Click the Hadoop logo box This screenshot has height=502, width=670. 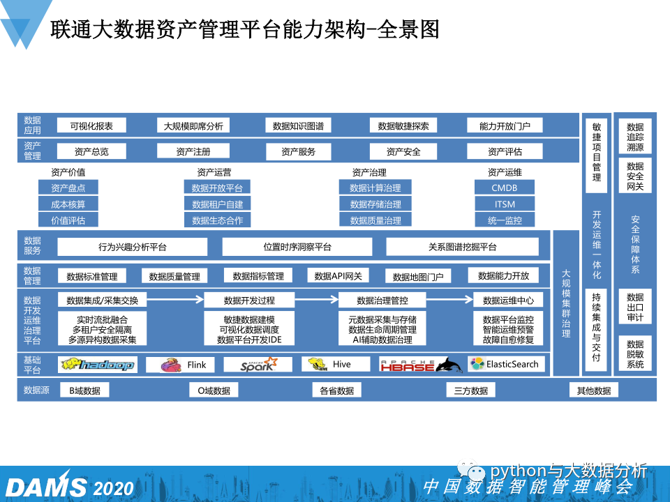pos(98,365)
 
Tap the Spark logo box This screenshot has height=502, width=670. pos(258,365)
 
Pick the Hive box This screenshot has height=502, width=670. pos(335,365)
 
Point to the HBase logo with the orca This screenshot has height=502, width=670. pos(421,365)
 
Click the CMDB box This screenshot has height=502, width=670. pos(505,188)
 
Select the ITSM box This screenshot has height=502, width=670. pos(505,204)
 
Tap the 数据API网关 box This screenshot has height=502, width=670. pos(338,275)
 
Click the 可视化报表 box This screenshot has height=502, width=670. pos(91,126)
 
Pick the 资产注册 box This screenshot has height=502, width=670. pos(193,151)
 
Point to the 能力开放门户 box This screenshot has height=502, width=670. pos(505,126)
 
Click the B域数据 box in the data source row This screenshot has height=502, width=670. pos(84,390)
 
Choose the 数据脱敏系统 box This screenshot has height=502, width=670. pos(635,354)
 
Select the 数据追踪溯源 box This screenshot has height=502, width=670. pos(635,137)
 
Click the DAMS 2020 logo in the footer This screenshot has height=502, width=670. pos(67,486)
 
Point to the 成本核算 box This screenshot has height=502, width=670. pos(68,204)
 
